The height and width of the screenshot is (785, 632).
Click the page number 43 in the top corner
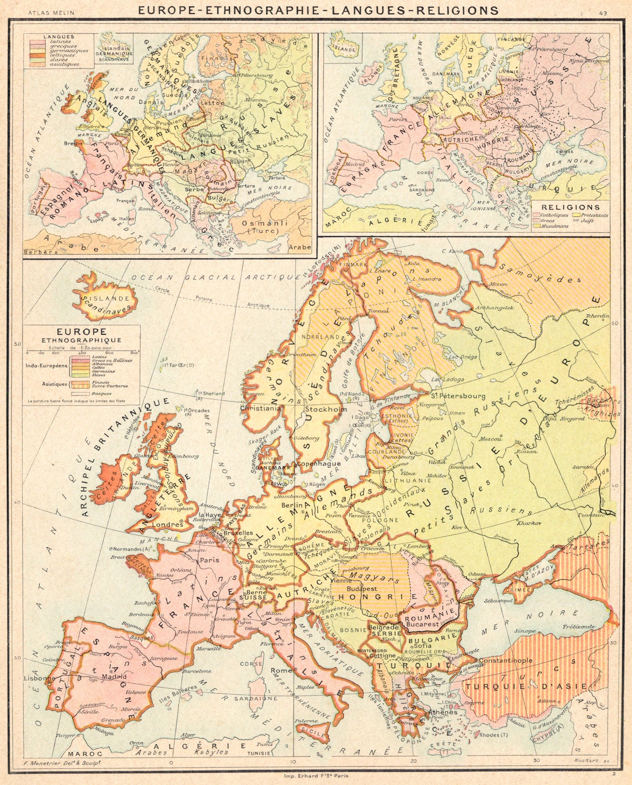coord(602,12)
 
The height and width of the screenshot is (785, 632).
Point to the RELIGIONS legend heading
coord(571,208)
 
